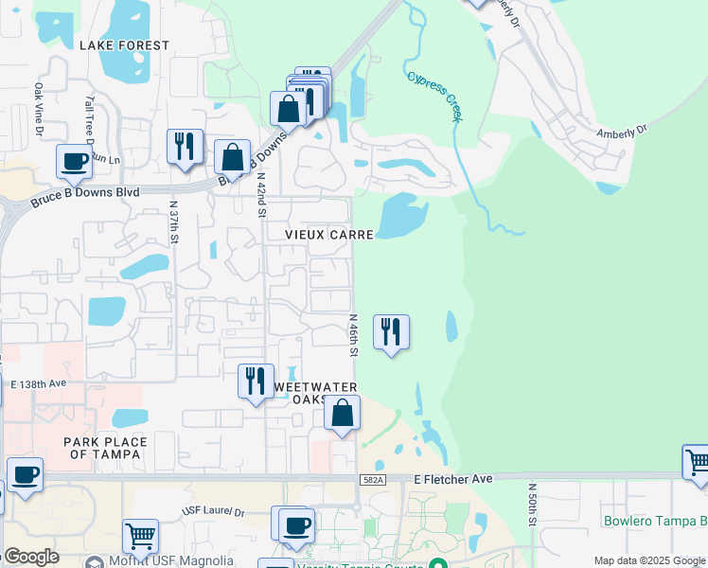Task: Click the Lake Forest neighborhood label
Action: pos(124,45)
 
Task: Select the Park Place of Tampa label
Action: pos(104,448)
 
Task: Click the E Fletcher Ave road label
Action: pos(453,480)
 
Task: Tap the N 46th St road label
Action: pos(352,335)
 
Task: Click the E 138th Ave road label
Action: pos(39,383)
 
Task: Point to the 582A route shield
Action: pos(374,481)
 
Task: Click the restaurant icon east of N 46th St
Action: pos(391,332)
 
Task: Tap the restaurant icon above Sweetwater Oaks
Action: pos(255,382)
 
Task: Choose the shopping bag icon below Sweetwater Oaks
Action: pos(342,414)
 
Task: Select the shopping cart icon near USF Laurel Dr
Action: pos(140,536)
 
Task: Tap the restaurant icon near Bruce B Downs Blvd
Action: pos(184,147)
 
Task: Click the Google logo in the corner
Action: pos(31,557)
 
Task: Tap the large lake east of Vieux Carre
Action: pos(401,215)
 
